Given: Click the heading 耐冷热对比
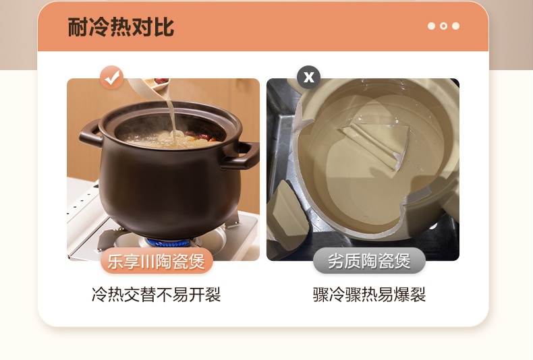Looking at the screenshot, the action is coord(121,27).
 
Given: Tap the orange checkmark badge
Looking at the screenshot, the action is coord(112,78).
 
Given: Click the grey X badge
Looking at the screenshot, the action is coord(308,78).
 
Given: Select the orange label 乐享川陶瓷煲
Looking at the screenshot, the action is coord(157,261).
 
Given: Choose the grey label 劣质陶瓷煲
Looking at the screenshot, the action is coord(369,261).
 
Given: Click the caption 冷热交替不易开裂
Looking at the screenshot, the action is coord(157,295).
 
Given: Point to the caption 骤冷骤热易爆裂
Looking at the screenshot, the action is coord(369,295).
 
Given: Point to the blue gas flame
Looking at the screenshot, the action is coord(167,242).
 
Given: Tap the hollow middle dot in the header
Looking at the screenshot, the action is coord(443,26).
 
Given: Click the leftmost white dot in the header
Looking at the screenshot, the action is coord(431,26).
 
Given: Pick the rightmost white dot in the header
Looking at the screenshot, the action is coord(456,26).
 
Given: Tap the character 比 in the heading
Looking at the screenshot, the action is coord(164,27).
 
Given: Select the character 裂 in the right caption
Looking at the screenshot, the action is coord(418,295).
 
